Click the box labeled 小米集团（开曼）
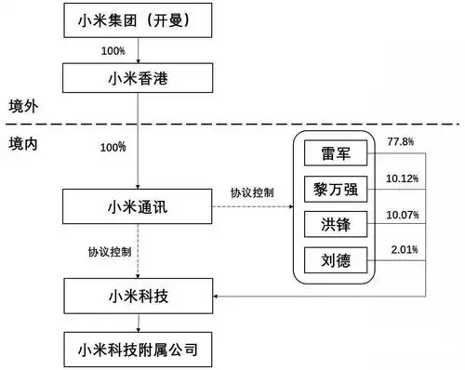[138, 20]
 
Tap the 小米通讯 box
[138, 205]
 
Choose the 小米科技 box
[138, 297]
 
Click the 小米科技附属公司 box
[138, 350]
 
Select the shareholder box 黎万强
[336, 191]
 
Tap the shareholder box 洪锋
[336, 225]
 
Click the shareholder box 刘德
[336, 259]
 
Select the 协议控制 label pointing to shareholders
[251, 193]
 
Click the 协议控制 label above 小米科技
[111, 251]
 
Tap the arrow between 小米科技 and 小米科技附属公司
[138, 324]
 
